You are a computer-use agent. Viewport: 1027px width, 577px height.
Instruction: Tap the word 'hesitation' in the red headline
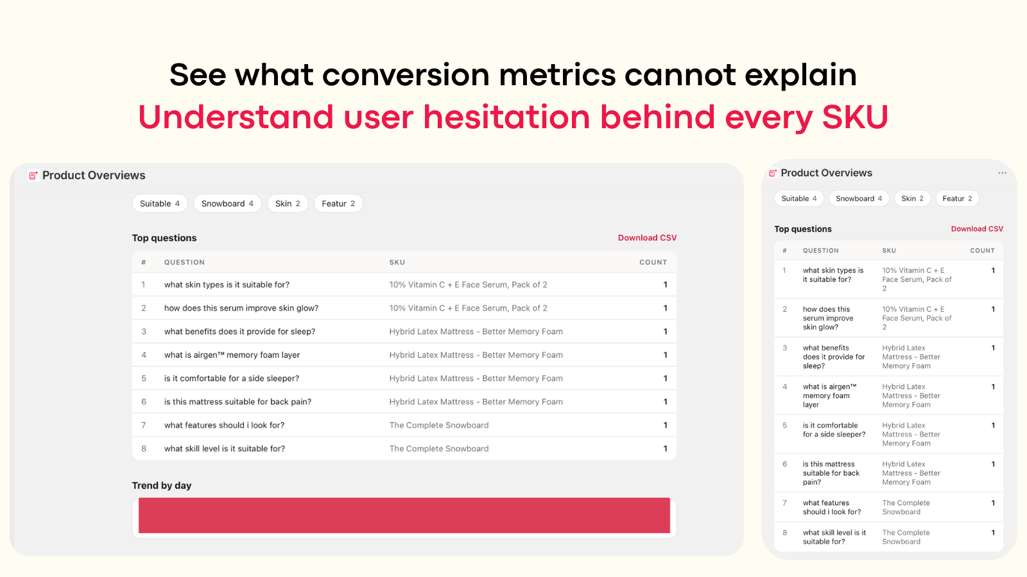point(506,117)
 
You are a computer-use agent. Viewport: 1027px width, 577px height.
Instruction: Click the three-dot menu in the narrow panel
point(1002,173)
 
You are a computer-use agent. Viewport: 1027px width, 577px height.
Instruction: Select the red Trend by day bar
point(404,515)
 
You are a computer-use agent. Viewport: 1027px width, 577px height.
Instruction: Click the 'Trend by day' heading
point(161,485)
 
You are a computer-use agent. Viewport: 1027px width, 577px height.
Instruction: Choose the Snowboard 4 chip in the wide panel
point(227,203)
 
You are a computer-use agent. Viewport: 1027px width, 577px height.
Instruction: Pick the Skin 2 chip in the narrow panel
point(912,198)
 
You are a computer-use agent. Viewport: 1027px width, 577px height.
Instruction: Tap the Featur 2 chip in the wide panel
point(338,203)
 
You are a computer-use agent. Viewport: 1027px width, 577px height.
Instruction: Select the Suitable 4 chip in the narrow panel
point(799,198)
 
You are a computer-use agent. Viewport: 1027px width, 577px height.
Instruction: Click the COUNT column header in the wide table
point(653,262)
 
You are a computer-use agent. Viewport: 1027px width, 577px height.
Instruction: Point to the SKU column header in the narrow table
point(889,251)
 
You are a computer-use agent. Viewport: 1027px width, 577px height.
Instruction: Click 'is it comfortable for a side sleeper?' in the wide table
point(232,378)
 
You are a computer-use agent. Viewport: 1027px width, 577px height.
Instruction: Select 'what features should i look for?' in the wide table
point(224,425)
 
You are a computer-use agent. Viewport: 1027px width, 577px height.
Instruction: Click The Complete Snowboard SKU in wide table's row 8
point(439,448)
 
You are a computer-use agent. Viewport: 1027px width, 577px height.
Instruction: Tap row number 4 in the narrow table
point(785,387)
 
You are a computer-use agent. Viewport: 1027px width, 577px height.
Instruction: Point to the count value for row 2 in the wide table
point(665,308)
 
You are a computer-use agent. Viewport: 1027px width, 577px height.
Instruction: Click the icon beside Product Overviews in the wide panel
point(33,176)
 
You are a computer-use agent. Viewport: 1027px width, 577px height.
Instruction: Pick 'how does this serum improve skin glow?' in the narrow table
point(828,318)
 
